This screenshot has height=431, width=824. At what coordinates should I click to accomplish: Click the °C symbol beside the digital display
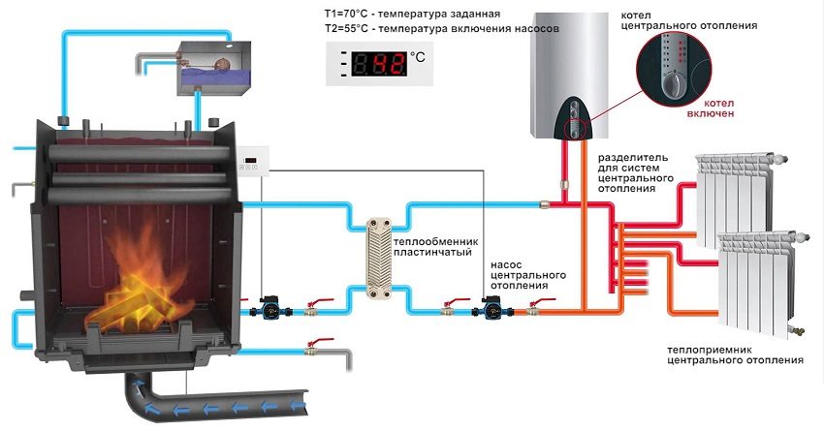pyautogui.click(x=418, y=58)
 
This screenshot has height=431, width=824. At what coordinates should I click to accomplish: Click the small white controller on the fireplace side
pyautogui.click(x=253, y=164)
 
